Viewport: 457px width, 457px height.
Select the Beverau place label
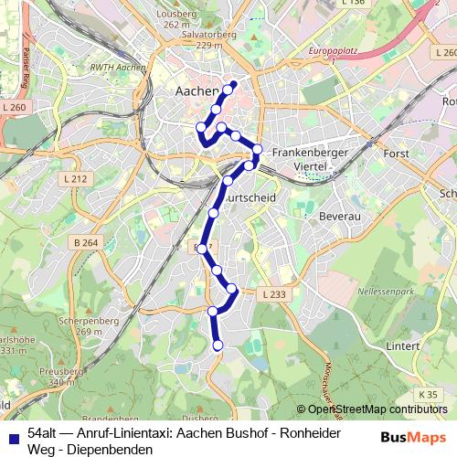[339, 217]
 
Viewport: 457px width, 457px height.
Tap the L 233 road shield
[273, 294]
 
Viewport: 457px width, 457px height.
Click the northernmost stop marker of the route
[232, 86]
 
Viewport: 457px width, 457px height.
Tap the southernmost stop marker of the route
[218, 345]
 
